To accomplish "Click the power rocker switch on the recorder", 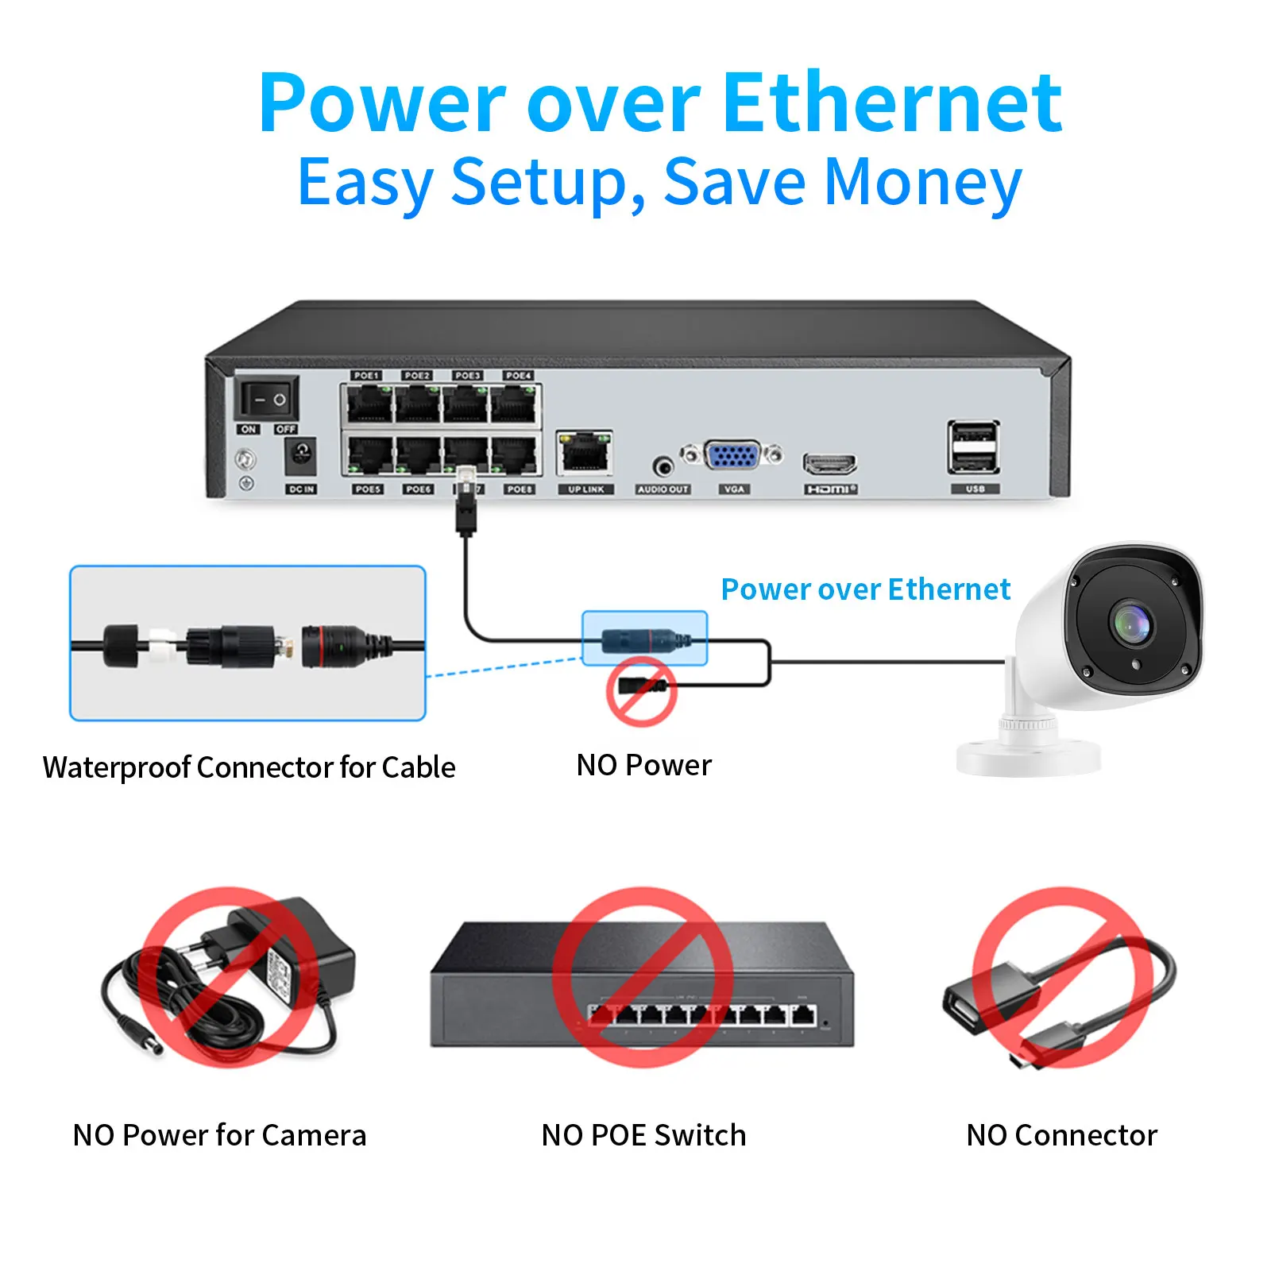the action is point(267,399).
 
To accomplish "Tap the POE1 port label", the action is point(366,375).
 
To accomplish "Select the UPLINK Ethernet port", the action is point(585,454).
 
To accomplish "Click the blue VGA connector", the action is point(732,455).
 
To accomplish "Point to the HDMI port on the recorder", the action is point(829,463).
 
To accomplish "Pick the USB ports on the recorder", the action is point(974,447).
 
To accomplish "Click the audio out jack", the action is point(663,466).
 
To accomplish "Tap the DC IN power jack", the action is point(300,456).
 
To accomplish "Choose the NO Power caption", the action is point(643,765).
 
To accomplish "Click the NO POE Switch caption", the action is point(643,1135).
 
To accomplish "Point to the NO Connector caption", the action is point(1061,1135).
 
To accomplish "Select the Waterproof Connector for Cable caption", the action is point(249,767).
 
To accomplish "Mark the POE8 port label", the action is point(520,489).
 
